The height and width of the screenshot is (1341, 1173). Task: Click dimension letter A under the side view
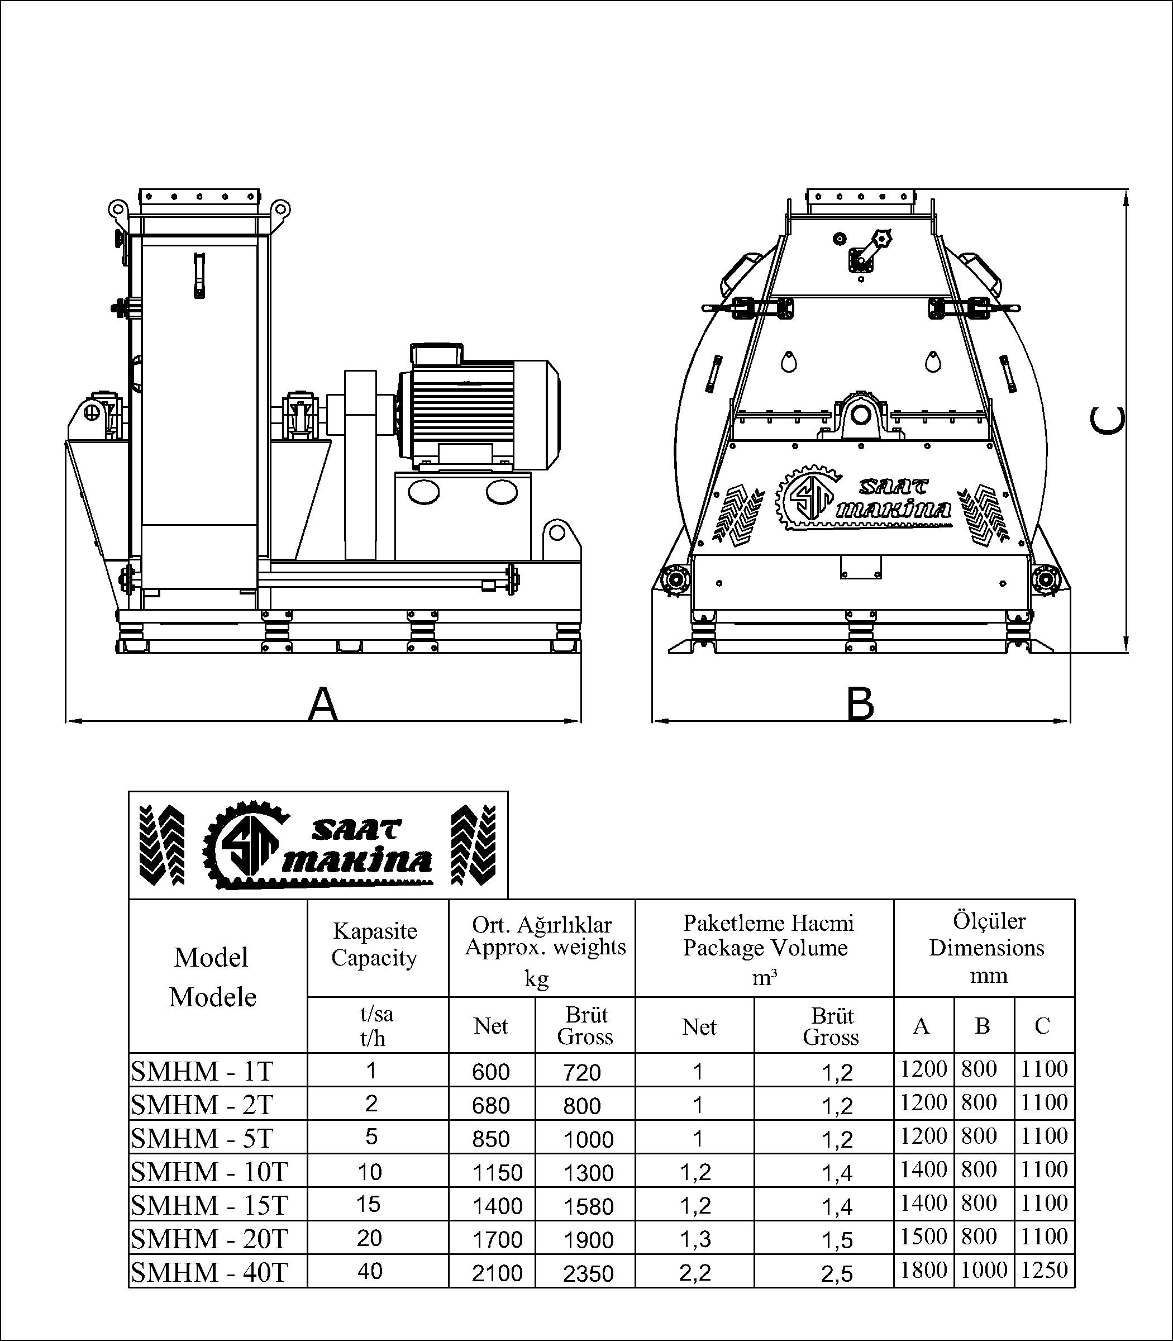[x=323, y=704]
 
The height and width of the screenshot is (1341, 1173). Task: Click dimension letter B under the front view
[x=860, y=704]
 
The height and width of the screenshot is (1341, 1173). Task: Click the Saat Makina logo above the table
[x=318, y=845]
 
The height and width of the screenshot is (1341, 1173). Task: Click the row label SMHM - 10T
[x=209, y=1171]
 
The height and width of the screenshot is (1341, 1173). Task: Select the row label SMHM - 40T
[x=209, y=1272]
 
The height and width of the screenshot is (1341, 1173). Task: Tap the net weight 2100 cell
[x=498, y=1273]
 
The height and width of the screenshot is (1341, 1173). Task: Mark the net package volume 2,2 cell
[x=695, y=1272]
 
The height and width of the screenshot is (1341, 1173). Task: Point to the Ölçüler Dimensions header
[x=986, y=948]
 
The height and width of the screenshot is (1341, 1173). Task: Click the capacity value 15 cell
[x=370, y=1204]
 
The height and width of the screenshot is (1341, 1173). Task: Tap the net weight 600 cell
[x=491, y=1072]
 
